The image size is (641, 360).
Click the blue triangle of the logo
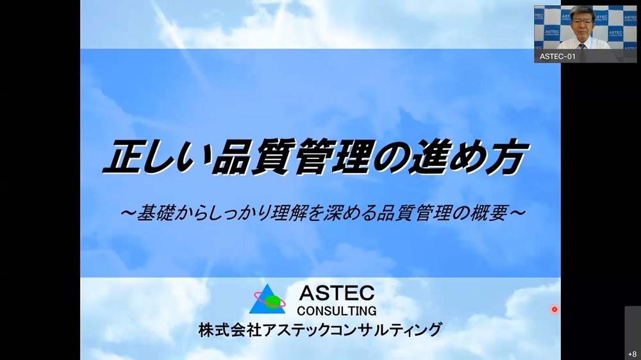click(x=267, y=299)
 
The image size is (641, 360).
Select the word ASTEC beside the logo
click(x=337, y=293)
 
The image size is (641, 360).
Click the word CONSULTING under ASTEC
click(x=337, y=311)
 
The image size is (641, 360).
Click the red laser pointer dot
click(x=554, y=309)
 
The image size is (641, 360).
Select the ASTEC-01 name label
click(x=557, y=56)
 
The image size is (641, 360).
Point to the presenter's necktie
click(x=583, y=45)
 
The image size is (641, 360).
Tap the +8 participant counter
click(x=633, y=354)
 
